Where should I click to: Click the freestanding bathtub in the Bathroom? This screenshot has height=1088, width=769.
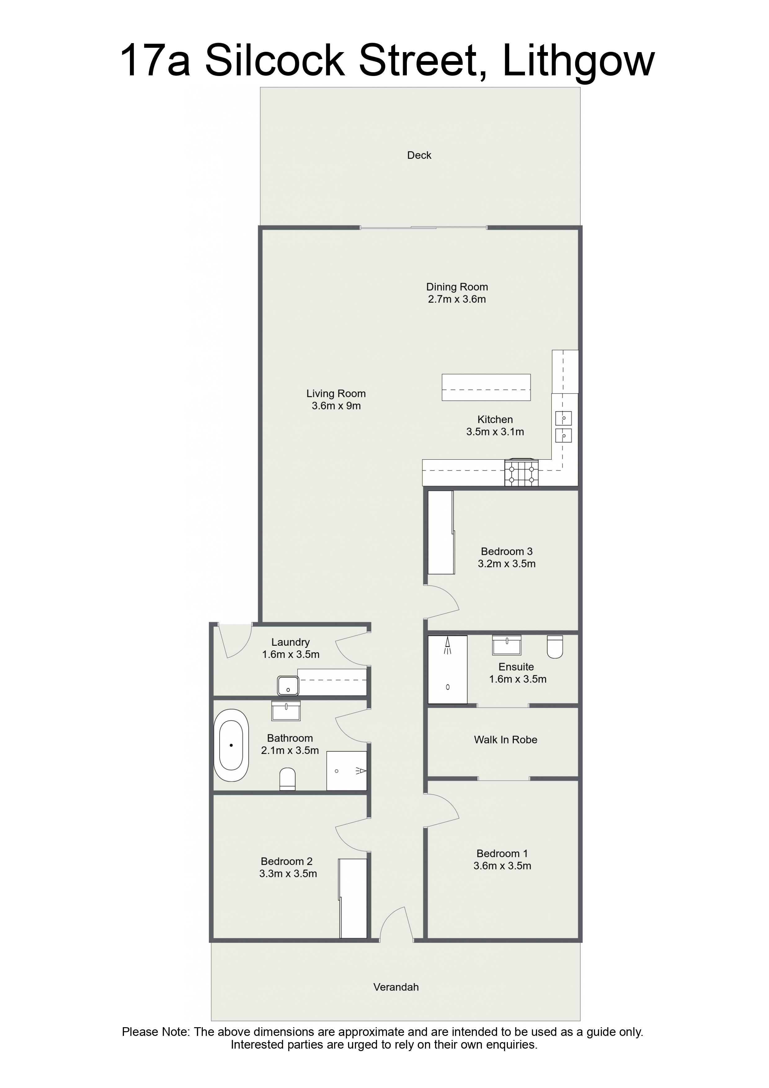(x=231, y=745)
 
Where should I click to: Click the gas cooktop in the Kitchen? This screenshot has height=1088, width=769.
(x=522, y=472)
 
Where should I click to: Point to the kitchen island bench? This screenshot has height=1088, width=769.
(x=486, y=387)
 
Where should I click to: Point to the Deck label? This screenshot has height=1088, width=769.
(x=419, y=155)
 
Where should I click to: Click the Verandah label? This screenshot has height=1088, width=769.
(x=396, y=987)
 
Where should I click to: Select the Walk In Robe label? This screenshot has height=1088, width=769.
(x=505, y=740)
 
